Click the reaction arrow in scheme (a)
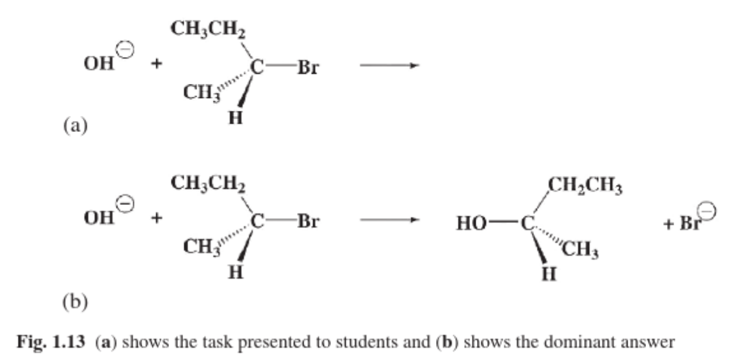(x=389, y=67)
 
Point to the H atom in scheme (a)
(x=236, y=119)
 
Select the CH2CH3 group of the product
(x=585, y=187)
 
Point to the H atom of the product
(x=547, y=275)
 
